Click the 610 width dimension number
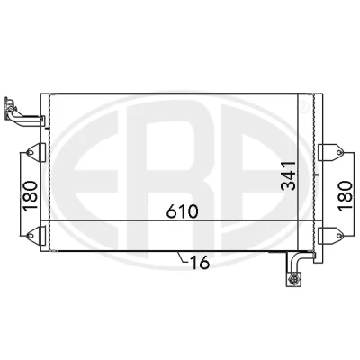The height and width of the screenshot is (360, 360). (x=183, y=211)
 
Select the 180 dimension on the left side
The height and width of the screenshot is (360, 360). (x=31, y=196)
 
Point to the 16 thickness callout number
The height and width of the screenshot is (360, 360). (x=200, y=263)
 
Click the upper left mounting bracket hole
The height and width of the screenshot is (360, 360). (x=31, y=152)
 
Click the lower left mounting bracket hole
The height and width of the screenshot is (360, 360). (x=31, y=236)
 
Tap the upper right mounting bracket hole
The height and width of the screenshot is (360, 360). (x=339, y=152)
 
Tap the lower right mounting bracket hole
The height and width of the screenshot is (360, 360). (x=339, y=236)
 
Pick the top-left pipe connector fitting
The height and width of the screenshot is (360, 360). (x=10, y=108)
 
